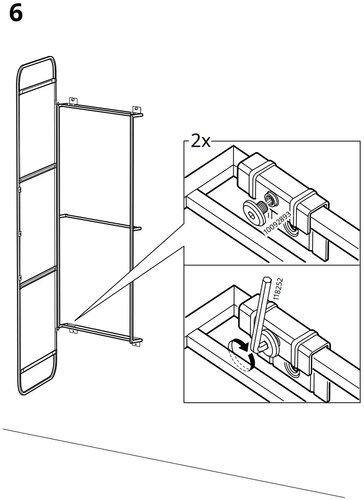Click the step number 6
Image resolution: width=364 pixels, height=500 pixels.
[x=16, y=14]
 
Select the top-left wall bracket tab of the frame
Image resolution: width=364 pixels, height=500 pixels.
[x=73, y=100]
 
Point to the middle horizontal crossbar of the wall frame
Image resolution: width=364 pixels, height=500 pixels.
[x=97, y=220]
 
